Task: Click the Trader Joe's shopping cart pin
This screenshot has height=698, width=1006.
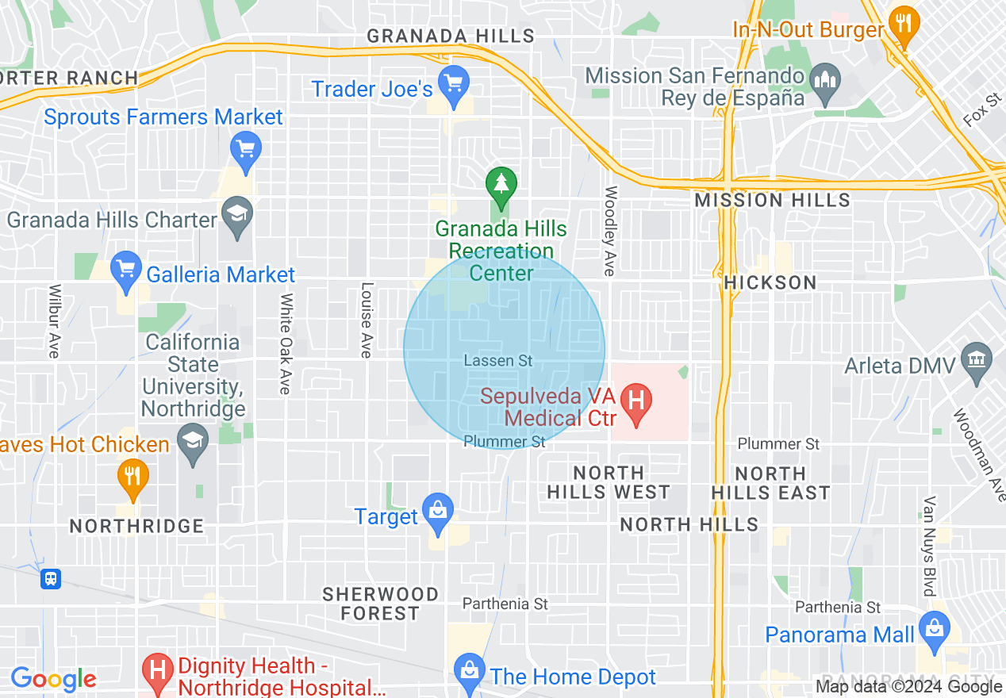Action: (454, 83)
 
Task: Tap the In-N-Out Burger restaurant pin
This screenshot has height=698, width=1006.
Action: (903, 24)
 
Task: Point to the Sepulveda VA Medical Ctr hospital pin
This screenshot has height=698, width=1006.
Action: (635, 399)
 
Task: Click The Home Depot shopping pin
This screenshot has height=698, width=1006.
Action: (470, 670)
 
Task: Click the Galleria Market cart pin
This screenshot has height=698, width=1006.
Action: (126, 269)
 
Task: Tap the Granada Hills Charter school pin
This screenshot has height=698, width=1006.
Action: (237, 214)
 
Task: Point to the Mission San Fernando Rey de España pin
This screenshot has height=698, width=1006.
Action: (826, 80)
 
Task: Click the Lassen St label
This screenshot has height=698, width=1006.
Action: (498, 361)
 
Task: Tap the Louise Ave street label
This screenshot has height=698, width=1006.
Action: (367, 320)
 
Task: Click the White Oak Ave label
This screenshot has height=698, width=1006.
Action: (286, 343)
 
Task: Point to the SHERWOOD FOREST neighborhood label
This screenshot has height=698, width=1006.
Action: (380, 604)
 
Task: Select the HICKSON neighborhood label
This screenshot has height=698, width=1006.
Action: (770, 282)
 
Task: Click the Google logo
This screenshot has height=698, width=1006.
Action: (53, 679)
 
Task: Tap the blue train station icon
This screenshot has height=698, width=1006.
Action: (52, 578)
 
